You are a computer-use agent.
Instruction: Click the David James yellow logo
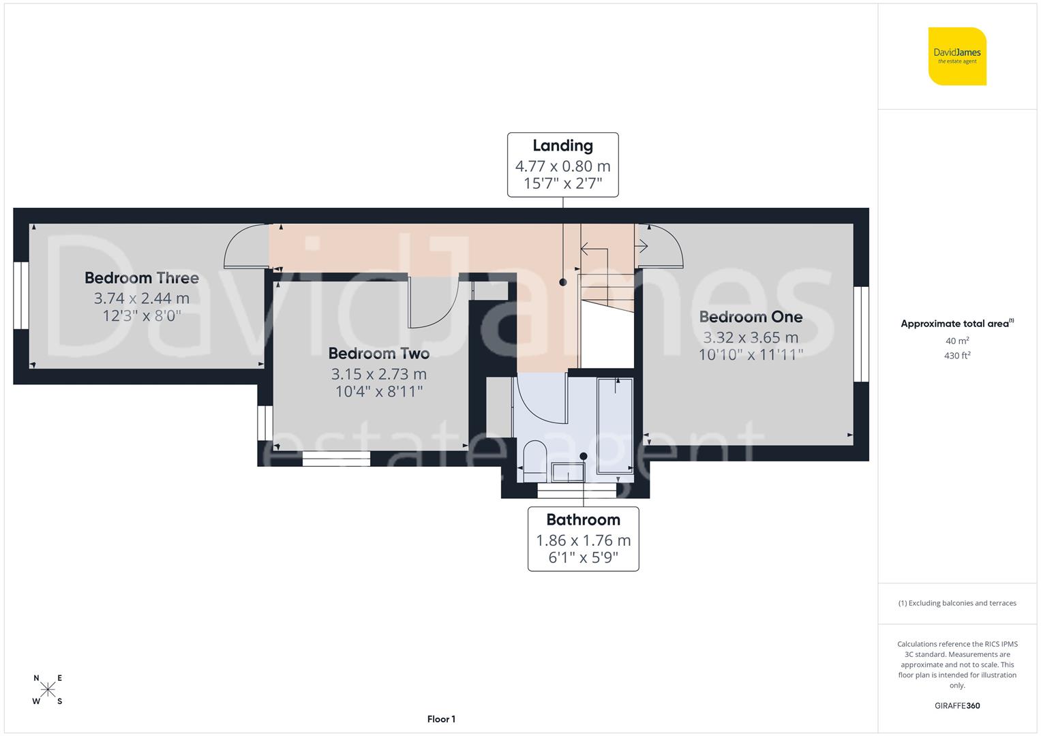957,57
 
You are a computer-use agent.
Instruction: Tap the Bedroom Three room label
142,278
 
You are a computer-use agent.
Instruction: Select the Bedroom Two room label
378,354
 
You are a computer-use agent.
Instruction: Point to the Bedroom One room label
751,317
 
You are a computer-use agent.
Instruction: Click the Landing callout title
562,146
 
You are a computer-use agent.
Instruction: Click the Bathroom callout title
583,520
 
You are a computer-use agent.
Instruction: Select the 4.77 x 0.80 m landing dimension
562,166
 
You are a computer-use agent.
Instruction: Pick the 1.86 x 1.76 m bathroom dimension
583,540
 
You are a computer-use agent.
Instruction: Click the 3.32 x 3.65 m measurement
751,337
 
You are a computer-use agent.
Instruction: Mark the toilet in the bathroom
534,456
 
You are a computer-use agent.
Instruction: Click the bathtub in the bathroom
615,425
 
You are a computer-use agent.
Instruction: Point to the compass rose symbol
48,690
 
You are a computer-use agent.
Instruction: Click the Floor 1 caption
441,719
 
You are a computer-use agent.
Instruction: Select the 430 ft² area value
957,356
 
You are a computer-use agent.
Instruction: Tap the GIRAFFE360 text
957,705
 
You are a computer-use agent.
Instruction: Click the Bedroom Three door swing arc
244,245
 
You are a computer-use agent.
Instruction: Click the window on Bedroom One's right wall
861,333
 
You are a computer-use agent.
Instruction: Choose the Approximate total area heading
956,324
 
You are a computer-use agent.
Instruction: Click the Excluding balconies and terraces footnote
957,603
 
